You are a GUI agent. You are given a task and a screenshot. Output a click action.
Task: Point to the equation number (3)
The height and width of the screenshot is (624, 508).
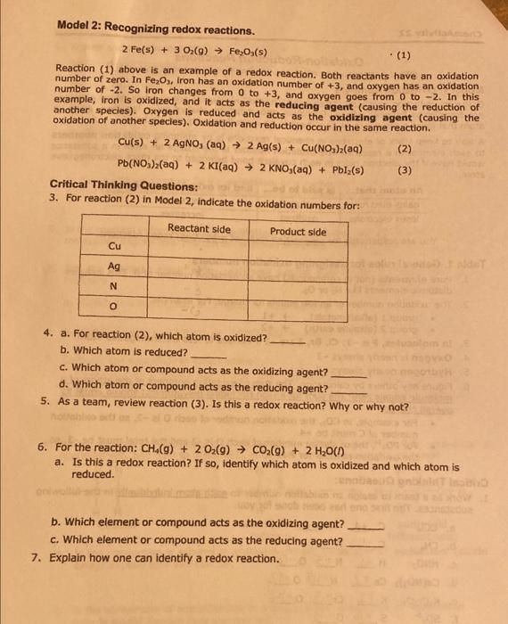click(x=404, y=168)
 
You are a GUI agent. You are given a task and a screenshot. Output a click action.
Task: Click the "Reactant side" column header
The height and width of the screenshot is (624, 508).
click(x=199, y=229)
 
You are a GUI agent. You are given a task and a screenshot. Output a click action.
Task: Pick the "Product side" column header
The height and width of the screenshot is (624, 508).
click(x=298, y=231)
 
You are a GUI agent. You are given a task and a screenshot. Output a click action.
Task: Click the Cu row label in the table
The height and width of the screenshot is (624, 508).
click(x=114, y=246)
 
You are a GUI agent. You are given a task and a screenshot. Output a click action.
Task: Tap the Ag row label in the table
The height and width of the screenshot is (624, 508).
click(x=114, y=267)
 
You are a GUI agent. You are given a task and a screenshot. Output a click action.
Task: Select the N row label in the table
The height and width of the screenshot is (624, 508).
click(x=114, y=287)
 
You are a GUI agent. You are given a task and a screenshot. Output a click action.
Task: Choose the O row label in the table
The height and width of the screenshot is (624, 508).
click(x=114, y=308)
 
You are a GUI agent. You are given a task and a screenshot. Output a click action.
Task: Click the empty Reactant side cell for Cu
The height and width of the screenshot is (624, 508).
click(x=197, y=246)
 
